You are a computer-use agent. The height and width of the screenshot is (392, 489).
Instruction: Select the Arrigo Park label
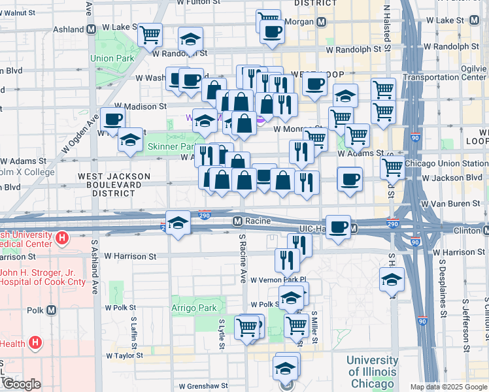[194, 307]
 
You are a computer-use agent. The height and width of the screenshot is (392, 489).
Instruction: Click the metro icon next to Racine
[239, 221]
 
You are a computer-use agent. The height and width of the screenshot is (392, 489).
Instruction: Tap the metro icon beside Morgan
[321, 22]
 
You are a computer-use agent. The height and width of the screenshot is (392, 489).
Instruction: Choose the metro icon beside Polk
[52, 310]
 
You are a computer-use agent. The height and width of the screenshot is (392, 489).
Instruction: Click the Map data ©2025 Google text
[448, 387]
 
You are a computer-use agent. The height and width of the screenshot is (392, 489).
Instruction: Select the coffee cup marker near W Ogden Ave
[112, 119]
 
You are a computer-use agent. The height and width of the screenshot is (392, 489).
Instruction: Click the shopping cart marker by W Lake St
[150, 33]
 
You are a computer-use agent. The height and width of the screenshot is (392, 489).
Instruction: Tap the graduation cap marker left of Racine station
[177, 222]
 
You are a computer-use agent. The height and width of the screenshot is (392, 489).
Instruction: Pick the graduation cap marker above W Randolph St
[190, 39]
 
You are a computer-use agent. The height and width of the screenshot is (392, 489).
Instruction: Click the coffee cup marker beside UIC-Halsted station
[338, 227]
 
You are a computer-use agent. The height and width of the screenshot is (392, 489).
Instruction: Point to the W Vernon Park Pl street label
[276, 280]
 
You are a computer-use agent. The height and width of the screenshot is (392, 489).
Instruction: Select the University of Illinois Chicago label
[371, 371]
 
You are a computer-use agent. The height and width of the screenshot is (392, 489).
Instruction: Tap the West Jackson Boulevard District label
[114, 185]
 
